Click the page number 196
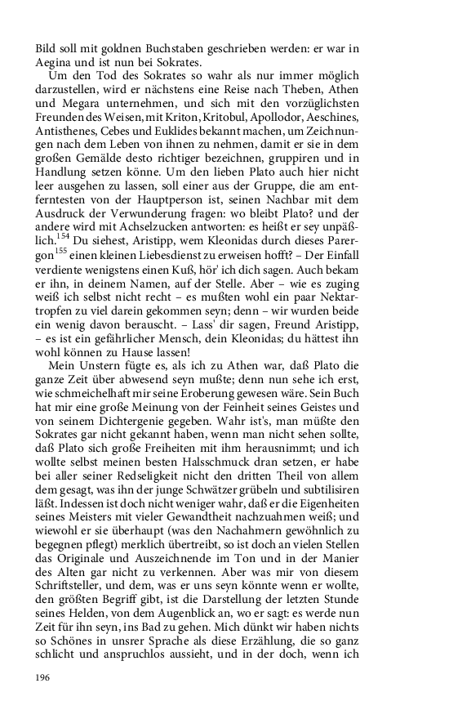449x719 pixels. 42,677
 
